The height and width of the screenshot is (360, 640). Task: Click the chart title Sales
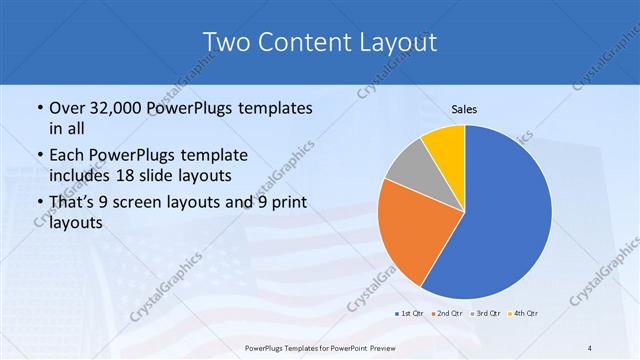pos(464,108)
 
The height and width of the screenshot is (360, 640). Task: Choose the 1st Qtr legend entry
pos(409,314)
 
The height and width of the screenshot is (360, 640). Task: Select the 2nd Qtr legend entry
pos(446,314)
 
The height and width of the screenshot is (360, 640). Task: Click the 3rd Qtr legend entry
pos(485,314)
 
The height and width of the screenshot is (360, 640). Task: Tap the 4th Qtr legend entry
pos(523,314)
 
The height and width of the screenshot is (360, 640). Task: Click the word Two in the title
pos(228,42)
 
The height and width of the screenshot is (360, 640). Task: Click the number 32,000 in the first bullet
pos(117,108)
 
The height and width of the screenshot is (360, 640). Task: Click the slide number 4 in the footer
pos(590,347)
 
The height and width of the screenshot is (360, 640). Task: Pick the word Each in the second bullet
pos(68,155)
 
